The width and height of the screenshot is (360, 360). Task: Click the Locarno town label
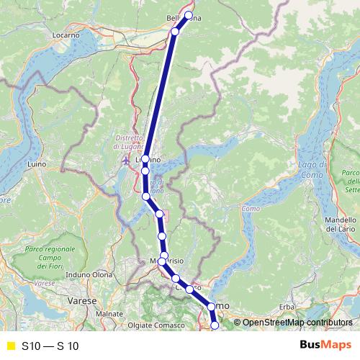(65, 35)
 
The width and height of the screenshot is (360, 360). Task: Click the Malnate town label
(109, 314)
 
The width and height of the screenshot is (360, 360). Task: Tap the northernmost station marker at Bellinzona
(189, 15)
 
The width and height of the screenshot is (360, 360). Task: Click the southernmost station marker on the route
(215, 326)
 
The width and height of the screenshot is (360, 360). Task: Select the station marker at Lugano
(145, 159)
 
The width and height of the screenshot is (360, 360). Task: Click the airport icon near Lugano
(127, 160)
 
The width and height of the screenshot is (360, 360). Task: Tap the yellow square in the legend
(10, 346)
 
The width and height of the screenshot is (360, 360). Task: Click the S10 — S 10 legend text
(50, 346)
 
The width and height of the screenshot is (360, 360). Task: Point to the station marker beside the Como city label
(211, 307)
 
